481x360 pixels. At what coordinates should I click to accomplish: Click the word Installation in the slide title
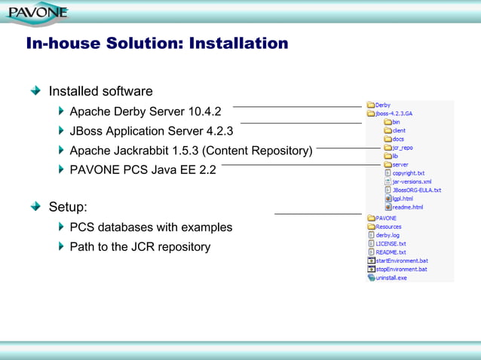237,44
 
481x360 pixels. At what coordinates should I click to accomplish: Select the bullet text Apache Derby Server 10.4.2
145,111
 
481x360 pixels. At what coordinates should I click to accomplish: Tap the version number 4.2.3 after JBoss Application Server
219,131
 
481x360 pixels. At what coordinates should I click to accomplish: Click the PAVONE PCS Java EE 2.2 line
142,169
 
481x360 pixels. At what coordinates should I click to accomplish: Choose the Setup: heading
69,207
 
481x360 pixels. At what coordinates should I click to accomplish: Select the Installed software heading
100,91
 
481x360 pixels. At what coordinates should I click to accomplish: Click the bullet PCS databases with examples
151,227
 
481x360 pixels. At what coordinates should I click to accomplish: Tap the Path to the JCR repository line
139,246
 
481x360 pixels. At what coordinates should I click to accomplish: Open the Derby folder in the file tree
382,105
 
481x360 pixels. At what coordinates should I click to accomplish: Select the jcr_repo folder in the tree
402,148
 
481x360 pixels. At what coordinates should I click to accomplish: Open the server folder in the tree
400,164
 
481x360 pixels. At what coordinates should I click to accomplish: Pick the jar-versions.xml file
412,182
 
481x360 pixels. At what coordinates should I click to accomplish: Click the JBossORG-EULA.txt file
416,191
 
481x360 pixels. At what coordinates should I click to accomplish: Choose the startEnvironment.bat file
401,261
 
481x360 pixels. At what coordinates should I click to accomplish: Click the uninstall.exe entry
391,277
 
